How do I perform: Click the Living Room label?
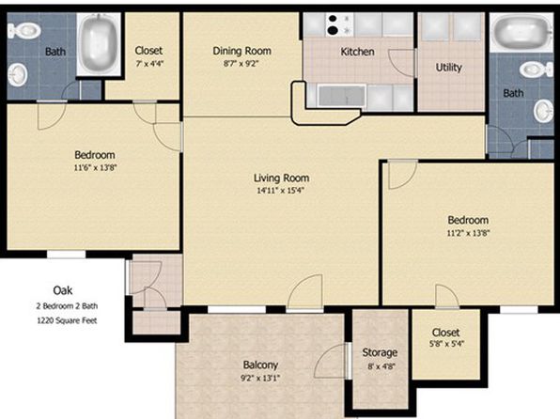coord(282,178)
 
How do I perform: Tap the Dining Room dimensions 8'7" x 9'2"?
coord(241,64)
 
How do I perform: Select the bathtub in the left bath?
coord(99,43)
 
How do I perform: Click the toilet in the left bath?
coord(23,30)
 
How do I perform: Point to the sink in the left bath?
coord(18,74)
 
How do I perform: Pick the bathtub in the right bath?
coord(521,32)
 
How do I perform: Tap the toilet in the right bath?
coord(537,70)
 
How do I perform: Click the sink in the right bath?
coord(544,111)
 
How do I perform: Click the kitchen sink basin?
coord(341,96)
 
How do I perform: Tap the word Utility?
coord(448,68)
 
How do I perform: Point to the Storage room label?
coord(380,352)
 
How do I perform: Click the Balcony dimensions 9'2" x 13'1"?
coord(260,378)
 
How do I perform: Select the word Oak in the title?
coord(63,290)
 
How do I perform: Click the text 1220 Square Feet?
coord(67,320)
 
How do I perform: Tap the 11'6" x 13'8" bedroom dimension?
coord(95,167)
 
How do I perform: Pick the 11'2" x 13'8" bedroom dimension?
coord(468,233)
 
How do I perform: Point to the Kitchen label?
coord(357,52)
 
